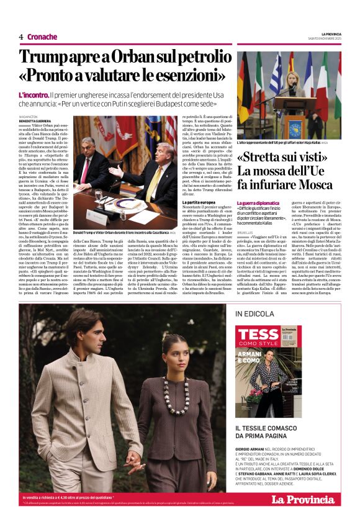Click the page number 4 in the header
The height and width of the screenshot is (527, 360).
[21, 37]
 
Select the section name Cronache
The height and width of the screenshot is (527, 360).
[42, 37]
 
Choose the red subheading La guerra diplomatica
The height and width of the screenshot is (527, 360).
[259, 203]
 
